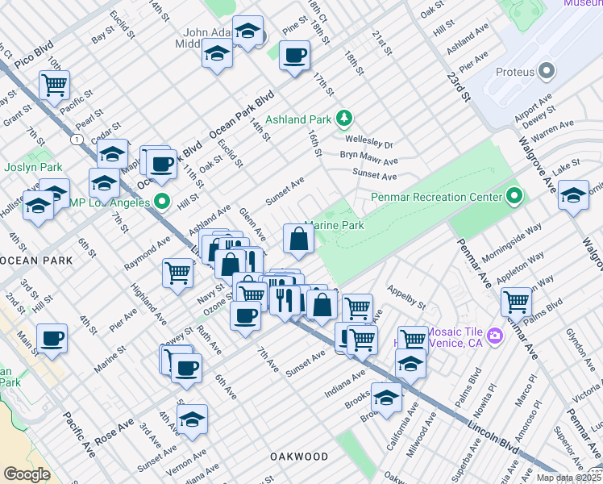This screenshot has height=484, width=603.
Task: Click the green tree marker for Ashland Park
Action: pos(344,119)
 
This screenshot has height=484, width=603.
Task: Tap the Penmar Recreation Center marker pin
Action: pos(514,197)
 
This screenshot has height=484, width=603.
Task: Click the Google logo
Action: pos(27,474)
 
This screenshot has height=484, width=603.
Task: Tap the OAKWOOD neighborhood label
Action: pos(297,457)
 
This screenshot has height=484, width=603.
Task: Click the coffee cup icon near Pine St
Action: pos(294,56)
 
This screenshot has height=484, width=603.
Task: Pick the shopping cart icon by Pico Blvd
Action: pos(55,84)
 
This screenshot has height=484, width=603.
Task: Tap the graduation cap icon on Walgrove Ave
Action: pos(573,196)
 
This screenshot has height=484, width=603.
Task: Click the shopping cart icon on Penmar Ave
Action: pos(516,301)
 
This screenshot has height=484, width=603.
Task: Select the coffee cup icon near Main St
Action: pos(52,337)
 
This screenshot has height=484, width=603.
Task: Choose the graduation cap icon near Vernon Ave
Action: pos(193,419)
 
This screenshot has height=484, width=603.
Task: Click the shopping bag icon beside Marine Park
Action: pos(298,239)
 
